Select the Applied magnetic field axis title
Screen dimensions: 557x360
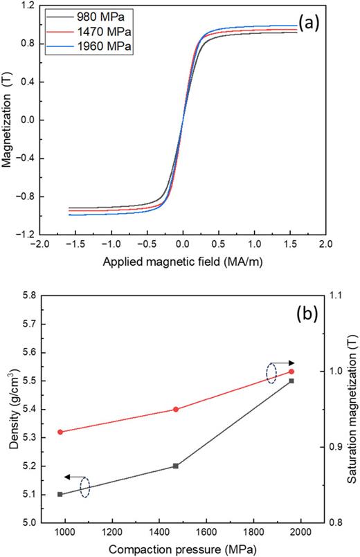[183, 263]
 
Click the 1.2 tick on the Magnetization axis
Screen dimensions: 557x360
[29, 6]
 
